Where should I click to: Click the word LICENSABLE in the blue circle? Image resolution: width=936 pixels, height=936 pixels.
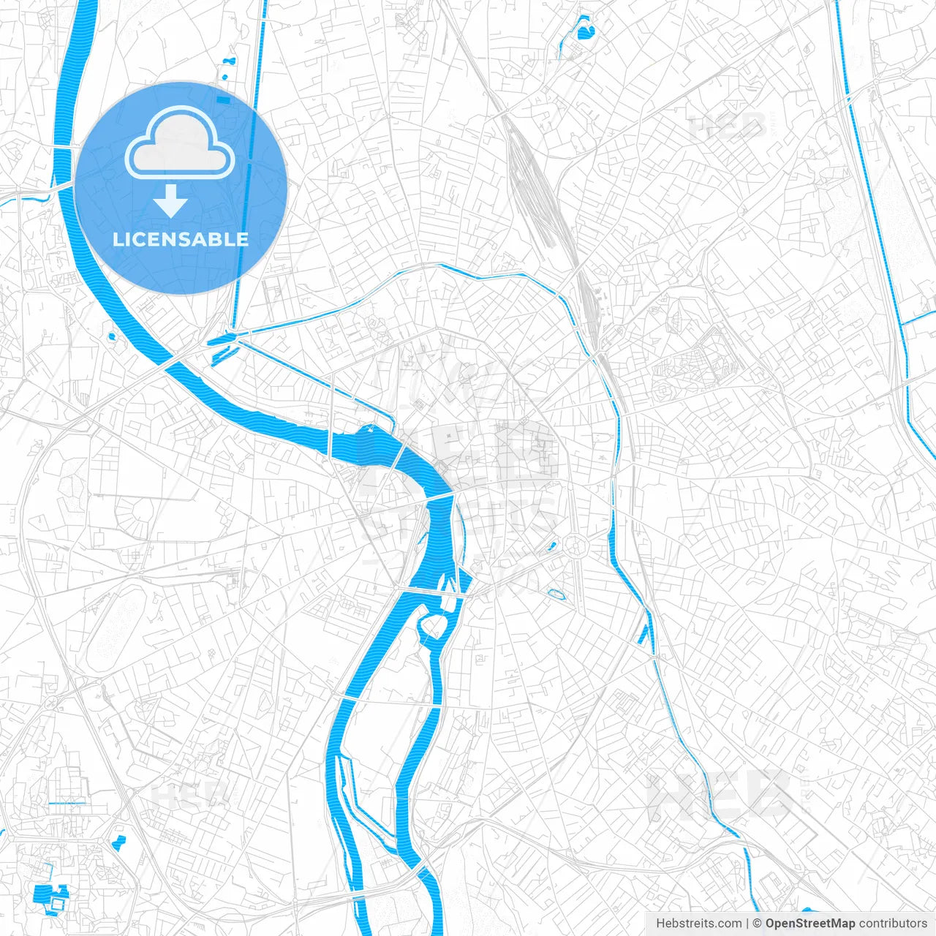[x=181, y=239]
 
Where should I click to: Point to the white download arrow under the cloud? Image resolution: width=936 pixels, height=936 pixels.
[x=170, y=202]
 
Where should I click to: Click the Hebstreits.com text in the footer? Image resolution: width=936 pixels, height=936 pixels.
[x=698, y=924]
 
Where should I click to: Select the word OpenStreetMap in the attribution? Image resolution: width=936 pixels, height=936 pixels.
[x=809, y=924]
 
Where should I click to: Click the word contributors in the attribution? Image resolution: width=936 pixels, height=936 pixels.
[x=893, y=924]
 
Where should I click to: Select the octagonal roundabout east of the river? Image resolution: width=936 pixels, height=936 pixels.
[x=575, y=545]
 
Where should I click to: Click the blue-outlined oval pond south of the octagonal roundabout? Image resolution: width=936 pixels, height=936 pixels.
[x=556, y=594]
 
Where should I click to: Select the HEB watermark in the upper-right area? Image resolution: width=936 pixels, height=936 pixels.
[x=728, y=127]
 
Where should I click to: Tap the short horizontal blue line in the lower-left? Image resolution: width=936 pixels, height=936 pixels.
[x=67, y=804]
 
